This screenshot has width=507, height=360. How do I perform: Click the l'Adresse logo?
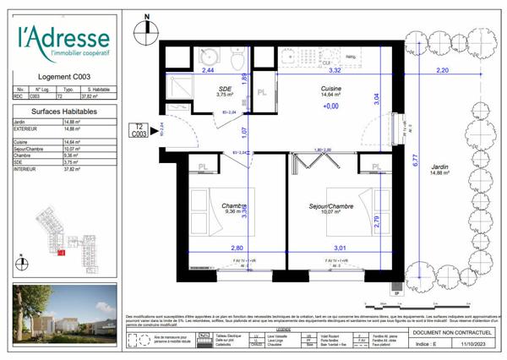[x=63, y=41]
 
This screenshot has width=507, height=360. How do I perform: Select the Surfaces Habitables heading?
[x=63, y=111]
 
